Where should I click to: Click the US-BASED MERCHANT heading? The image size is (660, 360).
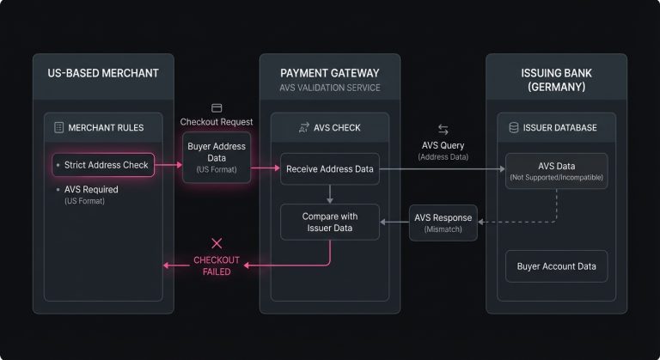point(102,73)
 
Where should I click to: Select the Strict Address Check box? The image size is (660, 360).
point(102,164)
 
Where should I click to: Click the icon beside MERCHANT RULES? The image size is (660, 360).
point(58,127)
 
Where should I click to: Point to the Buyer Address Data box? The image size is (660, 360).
point(217,157)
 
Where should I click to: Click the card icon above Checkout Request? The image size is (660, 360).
point(217,107)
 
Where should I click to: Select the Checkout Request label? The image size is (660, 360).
point(217,122)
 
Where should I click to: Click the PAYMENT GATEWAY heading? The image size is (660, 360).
point(330,73)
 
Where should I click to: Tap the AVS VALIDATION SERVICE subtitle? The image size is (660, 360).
point(330,88)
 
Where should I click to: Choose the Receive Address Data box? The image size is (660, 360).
point(330,169)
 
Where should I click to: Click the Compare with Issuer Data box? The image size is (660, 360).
point(330,222)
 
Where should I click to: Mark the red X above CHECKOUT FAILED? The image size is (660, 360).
point(217,243)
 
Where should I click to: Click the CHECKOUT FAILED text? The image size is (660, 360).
point(217,265)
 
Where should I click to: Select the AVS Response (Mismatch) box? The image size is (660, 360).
point(440,223)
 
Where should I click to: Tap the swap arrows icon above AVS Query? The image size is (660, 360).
point(443,129)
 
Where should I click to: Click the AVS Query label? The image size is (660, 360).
point(443,146)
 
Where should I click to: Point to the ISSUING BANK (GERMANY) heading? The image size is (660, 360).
point(556,80)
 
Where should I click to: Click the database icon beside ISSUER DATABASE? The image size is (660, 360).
point(514,128)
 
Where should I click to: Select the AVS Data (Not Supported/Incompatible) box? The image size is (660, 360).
point(556,170)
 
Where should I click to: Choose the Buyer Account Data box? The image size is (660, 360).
point(556,266)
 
